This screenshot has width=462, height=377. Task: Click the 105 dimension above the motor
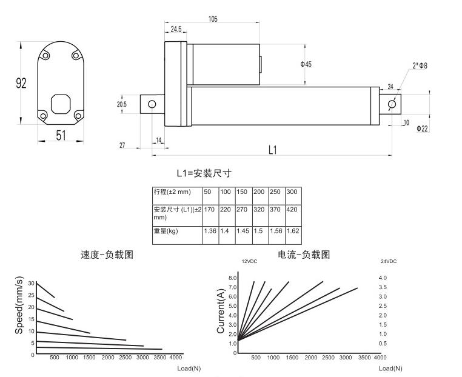click(213, 19)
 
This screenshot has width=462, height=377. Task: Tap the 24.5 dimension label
click(176, 29)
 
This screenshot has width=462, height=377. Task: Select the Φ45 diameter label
click(306, 65)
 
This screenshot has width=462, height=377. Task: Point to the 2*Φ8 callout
click(420, 65)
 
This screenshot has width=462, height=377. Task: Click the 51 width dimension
click(61, 136)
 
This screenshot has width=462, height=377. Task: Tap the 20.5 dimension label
click(122, 104)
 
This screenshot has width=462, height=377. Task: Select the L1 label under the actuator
click(273, 149)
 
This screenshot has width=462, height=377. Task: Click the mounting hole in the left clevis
click(152, 104)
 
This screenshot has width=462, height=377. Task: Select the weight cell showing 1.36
click(210, 231)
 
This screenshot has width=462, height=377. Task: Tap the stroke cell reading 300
click(293, 192)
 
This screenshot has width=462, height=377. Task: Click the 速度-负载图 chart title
click(107, 255)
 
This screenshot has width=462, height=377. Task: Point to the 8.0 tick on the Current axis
click(232, 278)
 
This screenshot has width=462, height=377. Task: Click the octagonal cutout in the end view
click(60, 103)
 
